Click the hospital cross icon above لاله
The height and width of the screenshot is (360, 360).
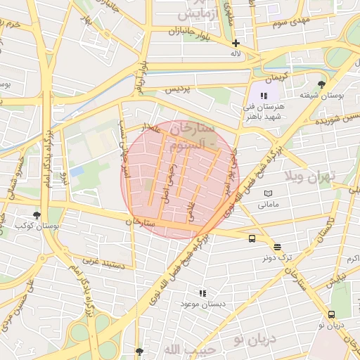[x=236, y=43]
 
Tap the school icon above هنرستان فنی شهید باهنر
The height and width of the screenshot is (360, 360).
[x=264, y=96]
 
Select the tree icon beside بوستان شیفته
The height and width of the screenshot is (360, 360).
[x=322, y=84]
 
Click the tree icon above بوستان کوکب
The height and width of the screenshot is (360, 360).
[x=37, y=216]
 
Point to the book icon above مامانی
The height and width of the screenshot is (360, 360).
[x=268, y=193]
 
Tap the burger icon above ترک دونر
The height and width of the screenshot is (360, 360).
[x=278, y=247]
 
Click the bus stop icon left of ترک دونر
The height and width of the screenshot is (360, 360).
[x=252, y=239]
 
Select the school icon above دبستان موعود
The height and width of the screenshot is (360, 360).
[x=203, y=292]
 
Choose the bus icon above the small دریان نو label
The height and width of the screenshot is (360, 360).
[x=331, y=314]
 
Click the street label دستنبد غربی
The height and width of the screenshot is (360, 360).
[x=105, y=262]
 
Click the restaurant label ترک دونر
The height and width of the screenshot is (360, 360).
[x=277, y=258]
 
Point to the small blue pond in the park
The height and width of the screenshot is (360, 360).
[x=77, y=171]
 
